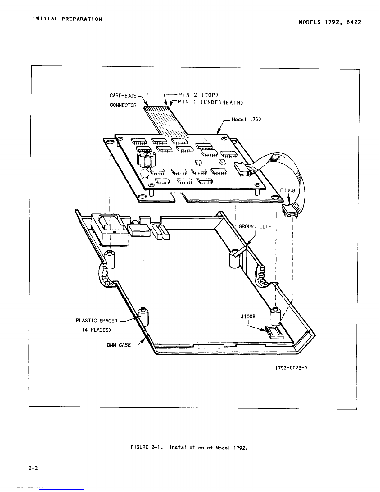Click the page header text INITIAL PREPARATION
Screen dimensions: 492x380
67,19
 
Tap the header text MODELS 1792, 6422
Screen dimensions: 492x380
330,22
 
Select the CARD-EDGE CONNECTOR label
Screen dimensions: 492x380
123,100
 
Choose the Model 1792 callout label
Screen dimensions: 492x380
247,119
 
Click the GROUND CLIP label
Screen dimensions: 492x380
255,226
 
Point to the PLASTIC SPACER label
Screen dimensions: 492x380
97,321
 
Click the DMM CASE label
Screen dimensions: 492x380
119,345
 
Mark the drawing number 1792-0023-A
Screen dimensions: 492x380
291,368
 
